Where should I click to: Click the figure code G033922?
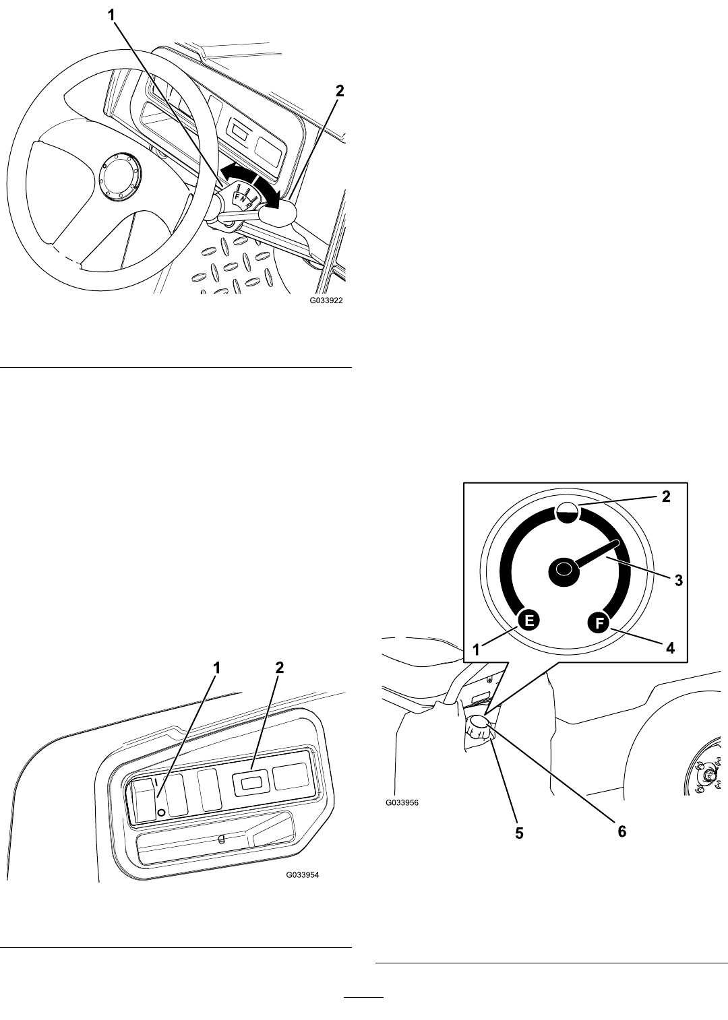pyautogui.click(x=326, y=300)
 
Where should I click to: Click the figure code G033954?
pyautogui.click(x=303, y=874)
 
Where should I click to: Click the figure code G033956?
pyautogui.click(x=402, y=816)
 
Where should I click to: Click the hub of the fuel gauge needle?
pyautogui.click(x=564, y=569)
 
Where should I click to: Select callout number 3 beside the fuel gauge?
pyautogui.click(x=678, y=581)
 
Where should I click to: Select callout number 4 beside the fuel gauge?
pyautogui.click(x=670, y=647)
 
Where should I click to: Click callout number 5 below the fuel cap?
pyautogui.click(x=519, y=833)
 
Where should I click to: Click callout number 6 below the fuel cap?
pyautogui.click(x=622, y=831)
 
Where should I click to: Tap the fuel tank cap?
pyautogui.click(x=480, y=728)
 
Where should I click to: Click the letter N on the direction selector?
pyautogui.click(x=243, y=199)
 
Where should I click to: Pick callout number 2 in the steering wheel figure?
pyautogui.click(x=340, y=91)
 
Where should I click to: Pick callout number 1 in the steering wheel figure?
pyautogui.click(x=112, y=15)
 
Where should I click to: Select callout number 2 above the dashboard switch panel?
pyautogui.click(x=280, y=668)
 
